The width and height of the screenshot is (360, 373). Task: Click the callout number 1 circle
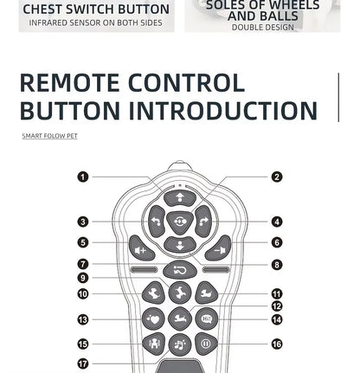(x=83, y=177)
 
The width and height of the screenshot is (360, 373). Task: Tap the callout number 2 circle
(x=277, y=177)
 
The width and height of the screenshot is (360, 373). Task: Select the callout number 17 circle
(x=83, y=363)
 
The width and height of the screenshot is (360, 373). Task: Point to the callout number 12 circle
(x=277, y=306)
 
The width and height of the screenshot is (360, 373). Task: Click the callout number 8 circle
(x=277, y=265)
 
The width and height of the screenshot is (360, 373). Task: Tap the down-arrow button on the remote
(x=180, y=245)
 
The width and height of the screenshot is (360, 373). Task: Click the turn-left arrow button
(x=157, y=222)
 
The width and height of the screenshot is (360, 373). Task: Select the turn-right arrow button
(x=203, y=222)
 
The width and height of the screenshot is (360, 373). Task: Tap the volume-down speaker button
(x=218, y=248)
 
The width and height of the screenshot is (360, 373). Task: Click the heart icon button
(x=153, y=319)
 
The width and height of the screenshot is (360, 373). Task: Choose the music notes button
(x=180, y=344)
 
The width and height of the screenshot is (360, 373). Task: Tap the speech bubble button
(x=207, y=319)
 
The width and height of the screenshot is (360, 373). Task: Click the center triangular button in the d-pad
(x=180, y=222)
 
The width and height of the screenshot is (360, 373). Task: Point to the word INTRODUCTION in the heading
(x=222, y=110)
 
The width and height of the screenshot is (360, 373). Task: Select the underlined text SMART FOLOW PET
(x=50, y=136)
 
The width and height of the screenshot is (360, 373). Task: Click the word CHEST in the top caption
(x=42, y=10)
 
